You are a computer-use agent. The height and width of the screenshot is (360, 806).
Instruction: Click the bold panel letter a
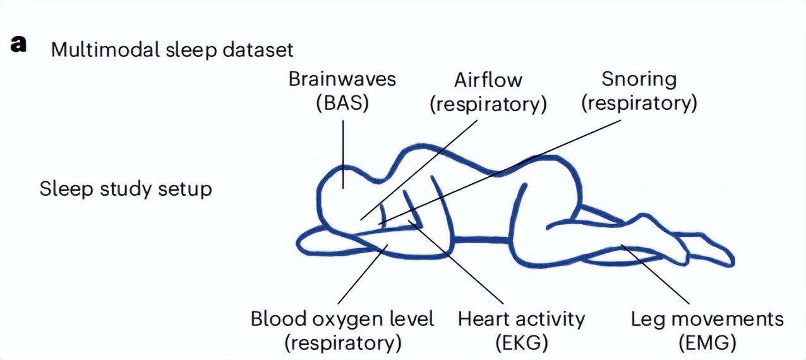(19, 45)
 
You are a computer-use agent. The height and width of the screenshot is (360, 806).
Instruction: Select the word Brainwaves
(342, 79)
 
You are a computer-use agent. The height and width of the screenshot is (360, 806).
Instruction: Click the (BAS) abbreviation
(342, 103)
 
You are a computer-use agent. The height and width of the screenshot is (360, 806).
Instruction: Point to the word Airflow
(488, 80)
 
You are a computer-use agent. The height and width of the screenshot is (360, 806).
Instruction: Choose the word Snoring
(639, 79)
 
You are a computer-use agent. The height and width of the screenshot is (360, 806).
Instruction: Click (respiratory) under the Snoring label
(639, 103)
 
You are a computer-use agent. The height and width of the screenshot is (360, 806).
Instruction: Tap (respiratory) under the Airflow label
(488, 104)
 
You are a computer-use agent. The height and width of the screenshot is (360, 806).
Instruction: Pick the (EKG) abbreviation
(521, 343)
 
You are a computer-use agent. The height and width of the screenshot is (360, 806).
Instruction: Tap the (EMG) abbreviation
(707, 343)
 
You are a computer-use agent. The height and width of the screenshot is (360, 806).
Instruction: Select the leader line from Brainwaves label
(343, 152)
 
